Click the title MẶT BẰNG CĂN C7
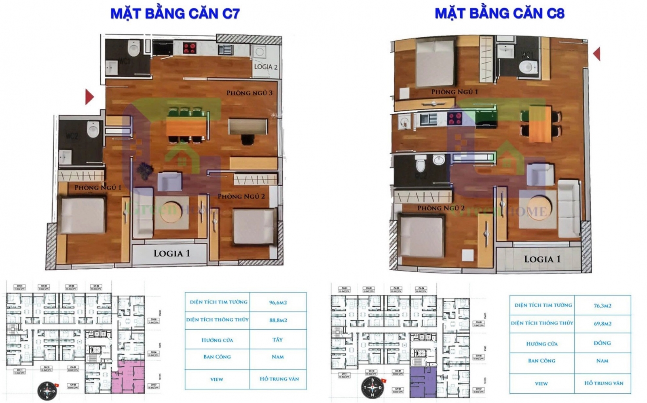(x=175, y=13)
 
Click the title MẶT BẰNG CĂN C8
(x=499, y=13)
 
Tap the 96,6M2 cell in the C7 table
(x=278, y=302)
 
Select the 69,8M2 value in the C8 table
(x=602, y=324)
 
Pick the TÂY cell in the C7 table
(x=277, y=339)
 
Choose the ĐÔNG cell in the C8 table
(x=602, y=343)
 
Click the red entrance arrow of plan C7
(x=89, y=97)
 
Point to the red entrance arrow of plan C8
(x=597, y=54)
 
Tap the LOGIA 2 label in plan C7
(x=266, y=67)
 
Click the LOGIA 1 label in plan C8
(x=542, y=259)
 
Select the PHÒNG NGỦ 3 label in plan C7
(x=249, y=93)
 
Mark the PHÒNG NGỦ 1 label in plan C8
(x=454, y=92)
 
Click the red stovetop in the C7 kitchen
(x=189, y=48)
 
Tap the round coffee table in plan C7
(x=171, y=212)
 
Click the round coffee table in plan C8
(x=539, y=207)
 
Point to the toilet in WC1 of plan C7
(x=134, y=48)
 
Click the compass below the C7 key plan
(x=47, y=391)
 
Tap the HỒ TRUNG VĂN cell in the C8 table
(x=603, y=383)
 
